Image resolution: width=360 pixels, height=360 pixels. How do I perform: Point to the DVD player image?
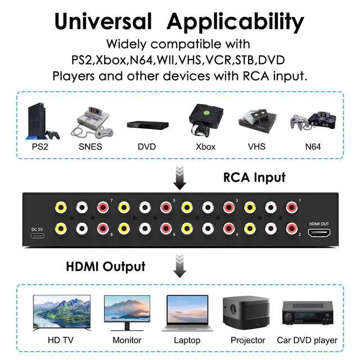pos(146,125)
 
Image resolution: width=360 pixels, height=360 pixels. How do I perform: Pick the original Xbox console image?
pos(204,120)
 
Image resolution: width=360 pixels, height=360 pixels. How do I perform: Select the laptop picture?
pos(187,313)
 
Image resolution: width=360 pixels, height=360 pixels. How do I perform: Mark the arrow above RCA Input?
pos(179,178)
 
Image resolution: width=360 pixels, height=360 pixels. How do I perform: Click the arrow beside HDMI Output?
pos(179,265)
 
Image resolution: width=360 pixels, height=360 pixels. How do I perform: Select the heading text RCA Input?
pos(254,178)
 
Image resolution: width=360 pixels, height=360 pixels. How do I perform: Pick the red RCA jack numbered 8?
pos(103,228)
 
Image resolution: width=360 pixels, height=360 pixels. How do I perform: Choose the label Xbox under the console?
pos(205,147)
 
